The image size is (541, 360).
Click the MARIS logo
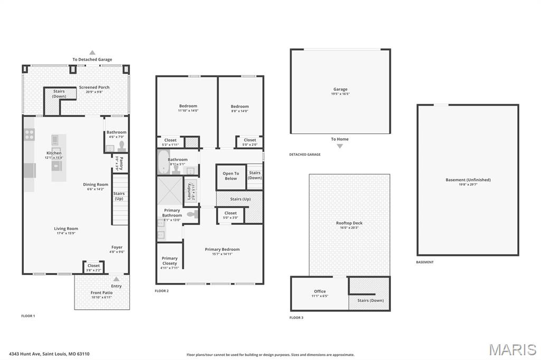(512, 349)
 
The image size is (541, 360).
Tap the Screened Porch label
(94, 88)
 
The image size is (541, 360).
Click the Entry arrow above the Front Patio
(116, 279)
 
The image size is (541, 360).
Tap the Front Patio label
(101, 292)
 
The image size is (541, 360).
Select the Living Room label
(66, 229)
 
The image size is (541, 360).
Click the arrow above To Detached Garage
(92, 52)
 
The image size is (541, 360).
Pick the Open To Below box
(230, 176)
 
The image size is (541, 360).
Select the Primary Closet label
(170, 261)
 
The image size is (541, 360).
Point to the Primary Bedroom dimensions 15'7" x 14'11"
(222, 254)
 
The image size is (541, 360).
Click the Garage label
(340, 89)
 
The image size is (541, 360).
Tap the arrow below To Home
(340, 146)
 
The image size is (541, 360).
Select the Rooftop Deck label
(349, 223)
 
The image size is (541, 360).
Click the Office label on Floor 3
(320, 291)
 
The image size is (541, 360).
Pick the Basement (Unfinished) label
(468, 179)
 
